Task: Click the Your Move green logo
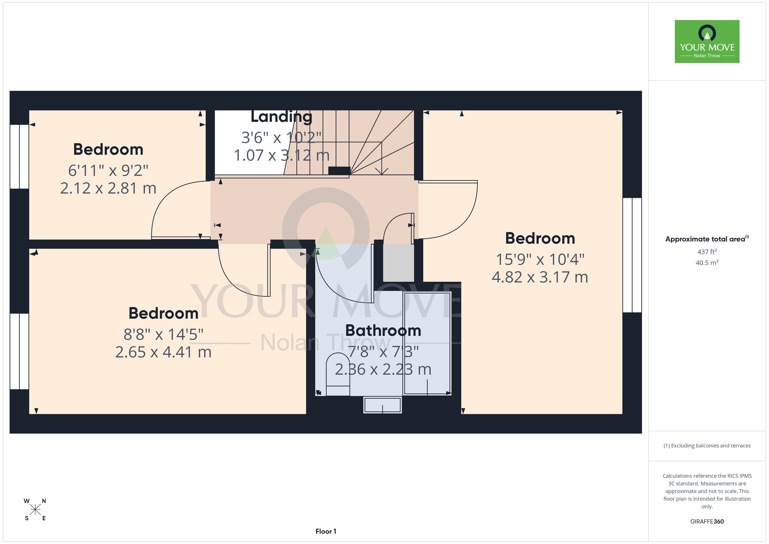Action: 707,42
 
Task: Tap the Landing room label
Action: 281,117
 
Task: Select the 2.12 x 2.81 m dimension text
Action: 108,188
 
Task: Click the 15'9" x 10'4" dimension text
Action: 540,259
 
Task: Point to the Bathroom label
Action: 383,330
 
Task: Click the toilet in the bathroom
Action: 338,374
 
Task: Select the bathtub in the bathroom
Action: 427,343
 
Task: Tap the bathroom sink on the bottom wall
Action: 383,405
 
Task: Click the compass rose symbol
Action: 35,510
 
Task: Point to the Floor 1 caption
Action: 326,531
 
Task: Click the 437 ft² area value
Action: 707,252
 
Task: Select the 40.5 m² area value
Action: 707,263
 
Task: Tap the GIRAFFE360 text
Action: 707,522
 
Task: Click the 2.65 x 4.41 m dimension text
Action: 163,352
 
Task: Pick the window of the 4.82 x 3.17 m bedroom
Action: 632,255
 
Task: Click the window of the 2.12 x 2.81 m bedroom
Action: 19,157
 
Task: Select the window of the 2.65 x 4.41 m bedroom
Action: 19,351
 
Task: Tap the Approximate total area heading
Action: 707,239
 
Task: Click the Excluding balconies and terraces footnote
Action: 707,446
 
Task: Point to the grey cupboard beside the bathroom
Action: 399,262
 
